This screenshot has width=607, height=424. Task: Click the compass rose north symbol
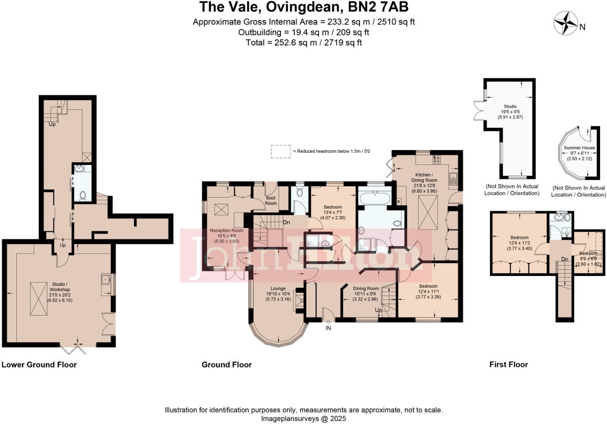(x=565, y=23)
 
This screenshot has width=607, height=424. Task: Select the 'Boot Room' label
(x=271, y=201)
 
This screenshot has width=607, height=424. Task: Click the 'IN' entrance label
(x=328, y=328)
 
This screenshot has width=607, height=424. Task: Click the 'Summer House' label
(x=579, y=148)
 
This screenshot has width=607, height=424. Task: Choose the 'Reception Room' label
(x=227, y=231)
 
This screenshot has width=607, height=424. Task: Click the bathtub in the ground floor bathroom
(x=375, y=199)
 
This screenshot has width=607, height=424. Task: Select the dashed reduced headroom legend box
(x=281, y=151)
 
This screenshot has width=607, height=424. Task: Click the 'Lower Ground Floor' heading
(x=39, y=364)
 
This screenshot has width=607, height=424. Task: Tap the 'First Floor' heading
(x=508, y=364)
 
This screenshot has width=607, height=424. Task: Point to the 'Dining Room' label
(x=366, y=289)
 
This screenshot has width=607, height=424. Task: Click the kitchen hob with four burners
(x=437, y=160)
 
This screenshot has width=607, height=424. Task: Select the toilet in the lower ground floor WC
(x=83, y=196)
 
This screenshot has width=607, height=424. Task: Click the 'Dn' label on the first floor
(x=565, y=259)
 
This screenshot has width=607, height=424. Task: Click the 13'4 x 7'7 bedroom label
(x=333, y=207)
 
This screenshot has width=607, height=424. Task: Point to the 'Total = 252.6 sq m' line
(x=304, y=42)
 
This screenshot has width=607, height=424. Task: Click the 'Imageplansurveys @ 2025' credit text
(x=304, y=418)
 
